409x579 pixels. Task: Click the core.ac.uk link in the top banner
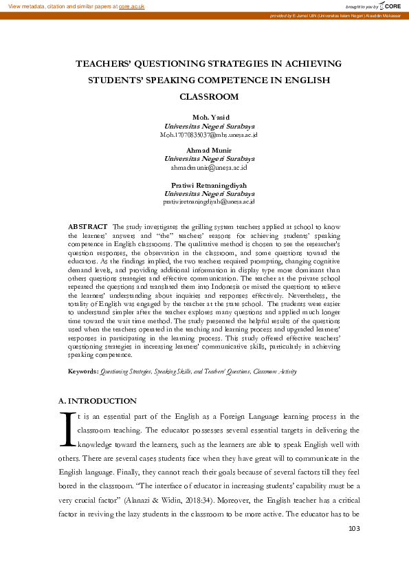click(132, 6)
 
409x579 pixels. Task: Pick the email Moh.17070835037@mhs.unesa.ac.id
click(208, 135)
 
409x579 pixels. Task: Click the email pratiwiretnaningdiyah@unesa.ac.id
click(208, 201)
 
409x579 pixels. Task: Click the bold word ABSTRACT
click(87, 226)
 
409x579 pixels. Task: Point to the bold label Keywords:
click(83, 371)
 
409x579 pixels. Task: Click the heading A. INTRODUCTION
click(98, 401)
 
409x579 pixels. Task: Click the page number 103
click(354, 528)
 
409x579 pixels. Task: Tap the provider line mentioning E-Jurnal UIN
click(335, 15)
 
